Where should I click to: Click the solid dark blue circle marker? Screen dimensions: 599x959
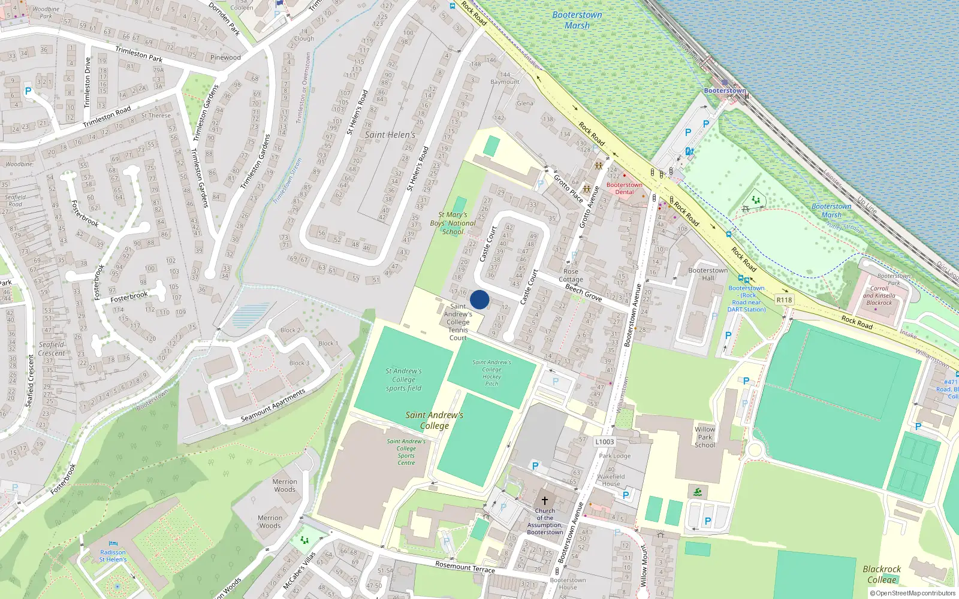(x=479, y=299)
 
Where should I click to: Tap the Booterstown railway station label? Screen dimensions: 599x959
(x=725, y=90)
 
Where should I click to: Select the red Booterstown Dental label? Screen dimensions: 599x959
(x=624, y=188)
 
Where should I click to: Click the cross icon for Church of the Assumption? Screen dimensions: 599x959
(x=544, y=500)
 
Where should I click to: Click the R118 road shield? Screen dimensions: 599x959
(x=784, y=299)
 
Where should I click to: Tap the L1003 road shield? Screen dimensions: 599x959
(x=605, y=441)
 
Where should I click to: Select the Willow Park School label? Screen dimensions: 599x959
(x=705, y=437)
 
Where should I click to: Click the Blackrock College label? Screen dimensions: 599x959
(x=882, y=574)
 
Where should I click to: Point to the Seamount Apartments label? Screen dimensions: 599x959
(x=273, y=405)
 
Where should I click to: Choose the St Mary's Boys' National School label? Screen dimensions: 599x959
(x=453, y=223)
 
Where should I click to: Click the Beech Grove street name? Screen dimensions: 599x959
(x=584, y=292)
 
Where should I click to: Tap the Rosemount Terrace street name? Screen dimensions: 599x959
(x=465, y=567)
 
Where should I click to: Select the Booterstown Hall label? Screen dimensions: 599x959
(x=708, y=274)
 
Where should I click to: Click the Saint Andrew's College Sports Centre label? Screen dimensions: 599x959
(x=406, y=452)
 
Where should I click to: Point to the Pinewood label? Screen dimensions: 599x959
(x=225, y=58)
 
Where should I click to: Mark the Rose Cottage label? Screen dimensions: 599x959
(x=571, y=276)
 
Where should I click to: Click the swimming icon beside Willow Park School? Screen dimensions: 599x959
(x=698, y=492)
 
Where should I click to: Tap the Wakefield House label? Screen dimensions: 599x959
(x=611, y=480)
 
